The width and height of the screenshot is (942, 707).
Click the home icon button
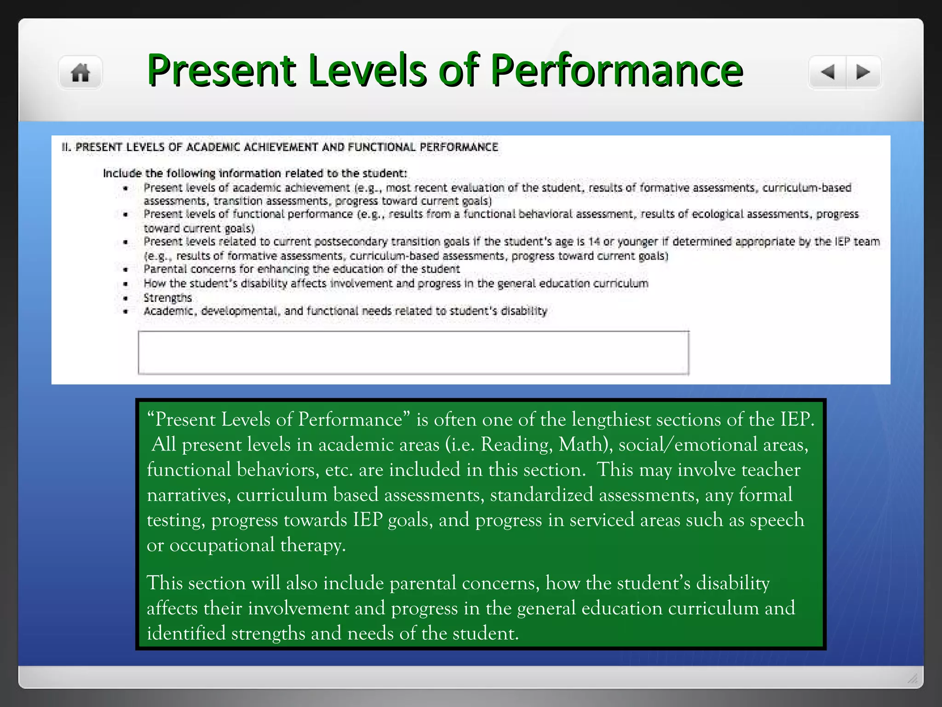tap(80, 73)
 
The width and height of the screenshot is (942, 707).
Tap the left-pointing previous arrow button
tap(828, 72)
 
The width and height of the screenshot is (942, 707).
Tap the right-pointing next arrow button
tap(863, 72)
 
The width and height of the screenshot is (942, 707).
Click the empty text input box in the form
tap(413, 353)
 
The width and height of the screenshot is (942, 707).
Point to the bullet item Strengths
tap(167, 298)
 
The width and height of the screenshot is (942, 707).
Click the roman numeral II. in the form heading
tap(66, 147)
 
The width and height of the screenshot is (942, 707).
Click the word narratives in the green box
tap(188, 495)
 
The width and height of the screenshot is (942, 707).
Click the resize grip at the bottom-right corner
tap(913, 678)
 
